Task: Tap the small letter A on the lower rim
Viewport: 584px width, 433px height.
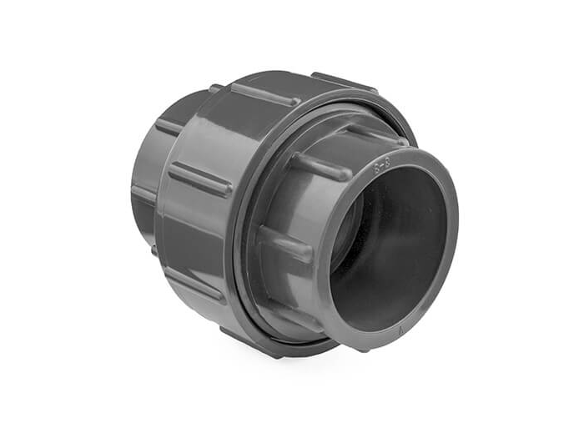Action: tap(401, 330)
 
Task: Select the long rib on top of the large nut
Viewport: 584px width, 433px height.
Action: tap(264, 94)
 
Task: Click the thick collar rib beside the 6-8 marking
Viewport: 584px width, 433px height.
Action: tap(321, 166)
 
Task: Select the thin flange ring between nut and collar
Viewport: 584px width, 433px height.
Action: tap(244, 250)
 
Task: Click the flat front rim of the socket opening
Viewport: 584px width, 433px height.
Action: tap(451, 250)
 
